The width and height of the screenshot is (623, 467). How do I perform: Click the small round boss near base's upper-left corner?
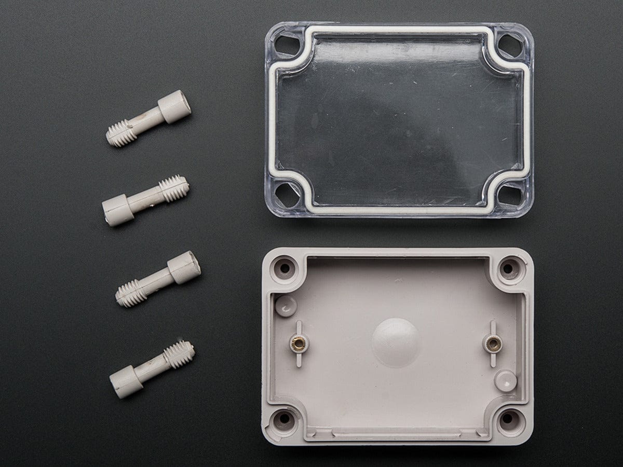pos(285,306)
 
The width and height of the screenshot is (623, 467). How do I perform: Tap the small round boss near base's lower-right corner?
pos(504,380)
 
